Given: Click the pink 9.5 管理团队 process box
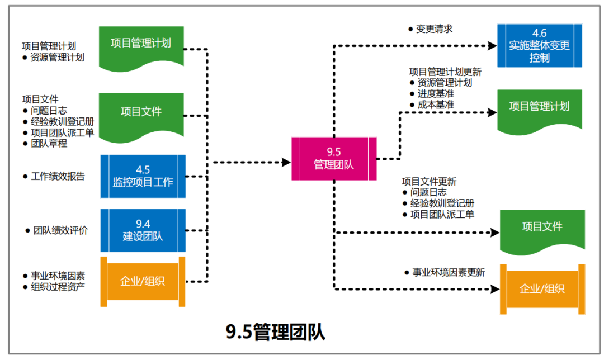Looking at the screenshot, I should [334, 158].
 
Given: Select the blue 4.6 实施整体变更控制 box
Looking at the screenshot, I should [539, 46].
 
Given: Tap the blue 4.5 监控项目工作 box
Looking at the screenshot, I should [143, 176].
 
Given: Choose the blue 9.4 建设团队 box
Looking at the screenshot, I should [143, 230].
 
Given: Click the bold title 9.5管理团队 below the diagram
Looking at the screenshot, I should [275, 333].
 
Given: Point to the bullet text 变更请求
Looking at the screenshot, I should [434, 29].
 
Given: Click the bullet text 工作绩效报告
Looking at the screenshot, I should [58, 177].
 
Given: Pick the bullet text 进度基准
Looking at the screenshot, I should [435, 93].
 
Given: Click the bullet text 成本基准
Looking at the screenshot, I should [435, 105].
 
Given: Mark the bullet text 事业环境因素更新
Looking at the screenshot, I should [448, 273].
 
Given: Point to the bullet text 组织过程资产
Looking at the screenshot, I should [58, 287].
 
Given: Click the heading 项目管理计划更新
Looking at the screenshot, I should [445, 72].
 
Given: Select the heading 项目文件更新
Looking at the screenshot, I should [429, 182].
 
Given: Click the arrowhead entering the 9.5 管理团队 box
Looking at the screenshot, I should [286, 163].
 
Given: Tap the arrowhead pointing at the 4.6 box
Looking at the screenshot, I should [492, 46].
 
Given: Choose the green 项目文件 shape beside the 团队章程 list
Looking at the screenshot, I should [141, 112].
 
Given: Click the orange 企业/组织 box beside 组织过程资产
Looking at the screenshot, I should [143, 281].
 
